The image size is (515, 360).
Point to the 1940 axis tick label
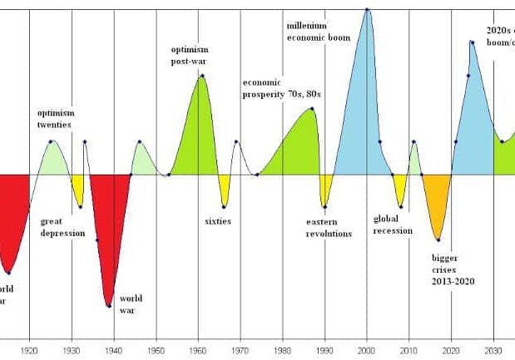[114, 351]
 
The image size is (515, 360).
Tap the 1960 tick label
[198, 351]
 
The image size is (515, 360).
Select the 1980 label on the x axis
[282, 351]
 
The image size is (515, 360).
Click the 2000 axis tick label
[367, 351]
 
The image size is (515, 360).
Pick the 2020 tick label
[451, 351]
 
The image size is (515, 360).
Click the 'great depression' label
[62, 227]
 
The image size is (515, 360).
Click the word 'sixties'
[218, 221]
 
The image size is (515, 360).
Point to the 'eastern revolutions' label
[329, 228]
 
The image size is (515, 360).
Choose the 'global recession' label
[393, 224]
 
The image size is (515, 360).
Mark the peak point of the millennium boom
[367, 9]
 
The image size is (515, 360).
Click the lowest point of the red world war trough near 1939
[109, 306]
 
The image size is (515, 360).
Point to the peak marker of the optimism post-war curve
[202, 76]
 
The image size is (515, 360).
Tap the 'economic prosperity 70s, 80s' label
[282, 89]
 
